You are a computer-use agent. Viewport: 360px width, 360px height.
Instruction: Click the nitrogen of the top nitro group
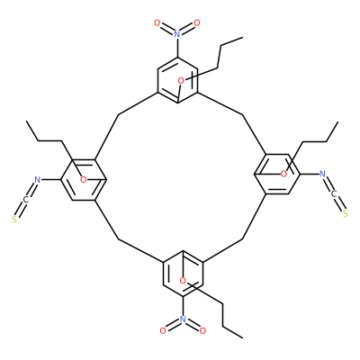(x=177, y=34)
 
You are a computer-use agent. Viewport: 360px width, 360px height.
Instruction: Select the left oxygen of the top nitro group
(x=157, y=22)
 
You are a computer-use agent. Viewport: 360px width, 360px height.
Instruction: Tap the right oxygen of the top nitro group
(x=197, y=22)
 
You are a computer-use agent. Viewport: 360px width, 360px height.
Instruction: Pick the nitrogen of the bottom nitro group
(x=183, y=319)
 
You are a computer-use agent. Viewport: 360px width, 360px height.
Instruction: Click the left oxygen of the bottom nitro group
(x=163, y=331)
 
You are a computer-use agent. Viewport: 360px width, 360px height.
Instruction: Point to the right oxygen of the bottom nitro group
(x=202, y=331)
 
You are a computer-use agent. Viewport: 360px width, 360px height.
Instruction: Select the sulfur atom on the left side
(x=14, y=220)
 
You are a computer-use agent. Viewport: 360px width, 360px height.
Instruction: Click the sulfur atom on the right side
(x=346, y=214)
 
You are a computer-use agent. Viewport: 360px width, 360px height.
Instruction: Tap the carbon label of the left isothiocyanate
(x=25, y=200)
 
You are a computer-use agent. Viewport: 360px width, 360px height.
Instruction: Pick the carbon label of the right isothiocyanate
(x=334, y=194)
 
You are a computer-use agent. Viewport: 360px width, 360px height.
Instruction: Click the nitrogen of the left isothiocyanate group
(x=37, y=180)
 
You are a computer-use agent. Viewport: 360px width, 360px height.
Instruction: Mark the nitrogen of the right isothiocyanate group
(x=322, y=174)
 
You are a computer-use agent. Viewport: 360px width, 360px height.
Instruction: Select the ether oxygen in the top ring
(x=181, y=80)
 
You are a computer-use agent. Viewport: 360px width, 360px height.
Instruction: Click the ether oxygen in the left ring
(x=83, y=180)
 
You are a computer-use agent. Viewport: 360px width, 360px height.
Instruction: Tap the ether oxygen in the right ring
(x=283, y=174)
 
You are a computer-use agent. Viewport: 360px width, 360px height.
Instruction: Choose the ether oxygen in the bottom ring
(x=183, y=281)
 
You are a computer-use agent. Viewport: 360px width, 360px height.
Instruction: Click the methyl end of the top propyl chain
(x=242, y=38)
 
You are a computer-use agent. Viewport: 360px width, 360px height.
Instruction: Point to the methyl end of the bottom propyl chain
(x=242, y=337)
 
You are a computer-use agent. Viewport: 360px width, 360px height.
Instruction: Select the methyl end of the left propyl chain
(x=26, y=121)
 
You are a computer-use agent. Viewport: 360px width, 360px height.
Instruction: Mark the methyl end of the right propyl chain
(x=337, y=122)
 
